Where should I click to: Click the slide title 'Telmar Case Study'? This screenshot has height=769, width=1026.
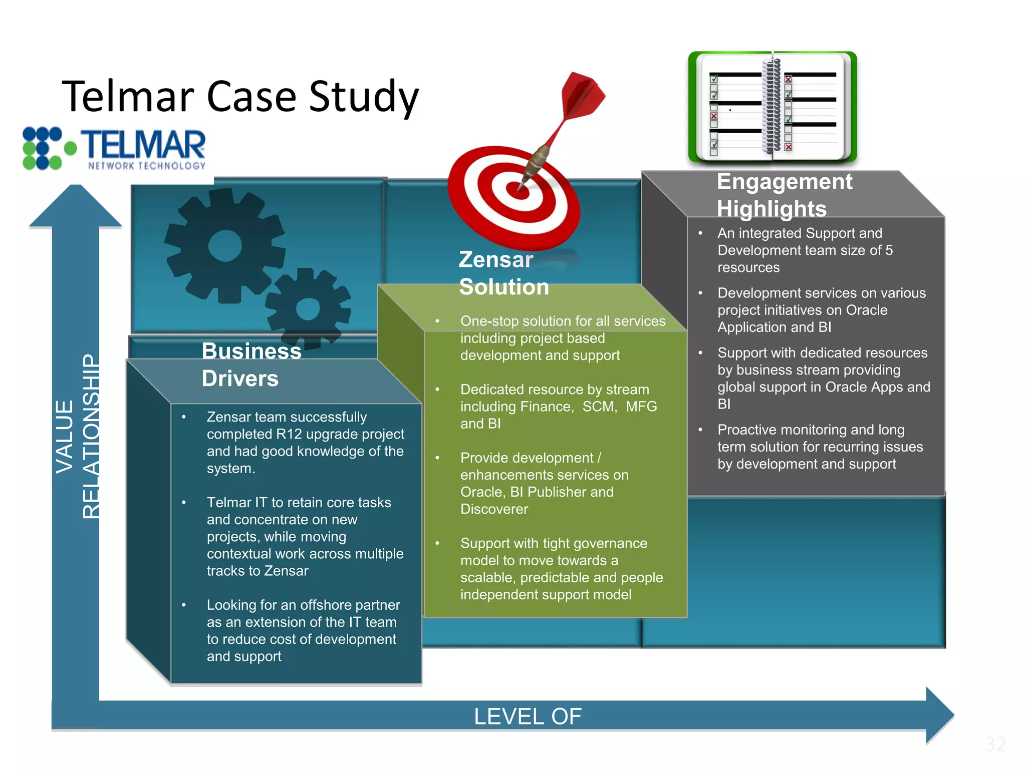tap(240, 97)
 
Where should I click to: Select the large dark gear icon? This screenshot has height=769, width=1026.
tap(224, 246)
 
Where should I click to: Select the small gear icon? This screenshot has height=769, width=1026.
tap(308, 308)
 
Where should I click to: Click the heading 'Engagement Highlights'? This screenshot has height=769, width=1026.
tap(784, 195)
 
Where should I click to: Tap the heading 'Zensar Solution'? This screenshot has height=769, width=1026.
tap(503, 273)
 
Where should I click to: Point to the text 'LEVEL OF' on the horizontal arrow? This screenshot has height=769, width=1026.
tap(528, 716)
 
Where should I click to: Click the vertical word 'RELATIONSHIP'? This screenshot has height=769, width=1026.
tap(91, 436)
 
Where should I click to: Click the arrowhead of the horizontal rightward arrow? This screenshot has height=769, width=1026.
tap(939, 714)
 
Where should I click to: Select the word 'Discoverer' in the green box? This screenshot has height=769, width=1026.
tap(494, 509)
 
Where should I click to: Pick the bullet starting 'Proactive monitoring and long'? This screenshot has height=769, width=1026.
tap(820, 447)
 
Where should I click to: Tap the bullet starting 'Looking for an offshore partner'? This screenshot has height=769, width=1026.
tap(303, 630)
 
